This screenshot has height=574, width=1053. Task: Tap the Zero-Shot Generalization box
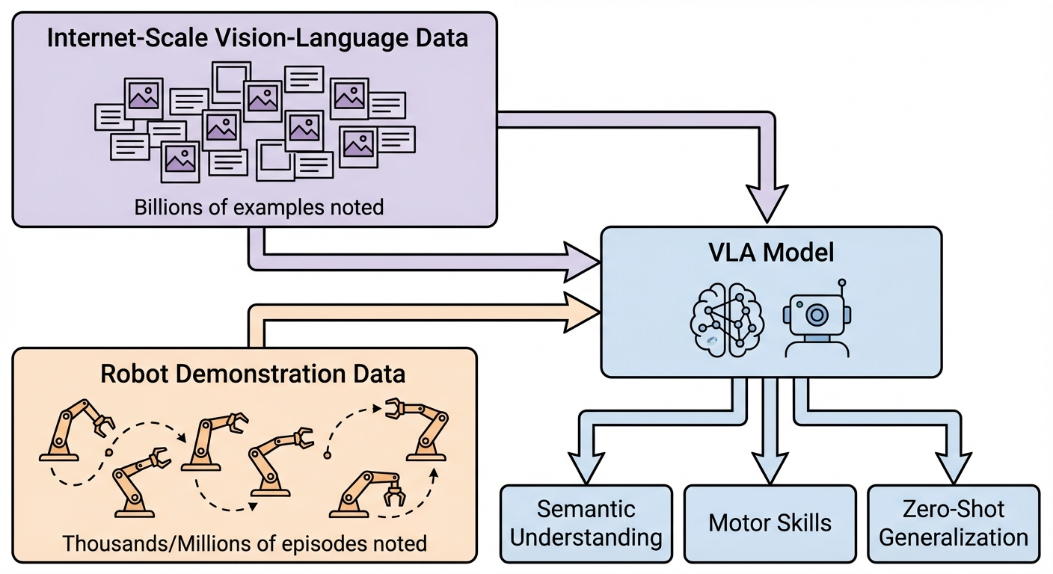click(954, 524)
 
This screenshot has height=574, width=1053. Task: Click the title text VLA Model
click(770, 252)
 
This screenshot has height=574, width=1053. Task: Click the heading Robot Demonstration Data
click(244, 374)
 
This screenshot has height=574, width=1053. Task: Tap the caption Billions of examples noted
click(259, 207)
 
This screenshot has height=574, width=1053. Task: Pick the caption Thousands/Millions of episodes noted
click(245, 543)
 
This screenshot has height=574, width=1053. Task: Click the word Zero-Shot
click(954, 510)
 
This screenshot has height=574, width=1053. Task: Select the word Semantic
click(586, 510)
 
